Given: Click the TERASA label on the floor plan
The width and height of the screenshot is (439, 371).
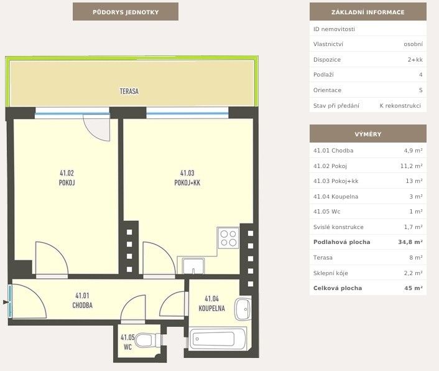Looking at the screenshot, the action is [x=129, y=92].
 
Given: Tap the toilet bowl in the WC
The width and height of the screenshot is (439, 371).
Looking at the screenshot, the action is [x=146, y=340].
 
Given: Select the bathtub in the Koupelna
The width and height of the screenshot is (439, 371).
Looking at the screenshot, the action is [x=218, y=339].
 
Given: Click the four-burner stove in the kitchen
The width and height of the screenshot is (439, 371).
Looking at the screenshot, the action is [x=228, y=238].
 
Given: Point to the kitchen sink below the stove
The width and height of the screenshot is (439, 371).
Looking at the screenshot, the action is [x=193, y=266].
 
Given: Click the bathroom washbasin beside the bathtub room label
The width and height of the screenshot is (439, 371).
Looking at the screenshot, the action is [x=243, y=309].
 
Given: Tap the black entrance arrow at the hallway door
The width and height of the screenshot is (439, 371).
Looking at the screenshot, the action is [x=6, y=302].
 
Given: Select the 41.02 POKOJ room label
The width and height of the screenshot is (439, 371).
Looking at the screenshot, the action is [x=67, y=178].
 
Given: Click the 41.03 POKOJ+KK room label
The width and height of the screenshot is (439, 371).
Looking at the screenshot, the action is [x=187, y=178].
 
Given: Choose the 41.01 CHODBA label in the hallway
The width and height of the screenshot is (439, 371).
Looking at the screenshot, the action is [x=82, y=301].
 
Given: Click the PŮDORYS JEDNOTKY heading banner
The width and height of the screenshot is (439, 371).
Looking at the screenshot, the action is [x=126, y=12].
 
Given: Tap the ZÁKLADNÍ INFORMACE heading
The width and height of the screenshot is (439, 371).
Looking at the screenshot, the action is [x=368, y=12].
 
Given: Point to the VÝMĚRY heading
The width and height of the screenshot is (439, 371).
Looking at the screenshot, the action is [x=368, y=134].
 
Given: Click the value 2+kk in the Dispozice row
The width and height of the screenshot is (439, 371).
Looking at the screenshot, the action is [x=415, y=59].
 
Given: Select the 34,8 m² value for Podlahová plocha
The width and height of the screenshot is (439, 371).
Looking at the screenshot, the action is [x=410, y=242].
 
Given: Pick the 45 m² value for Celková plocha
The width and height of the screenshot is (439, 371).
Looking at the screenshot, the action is [x=414, y=288].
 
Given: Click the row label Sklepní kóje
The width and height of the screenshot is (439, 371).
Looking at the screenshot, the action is [x=331, y=273].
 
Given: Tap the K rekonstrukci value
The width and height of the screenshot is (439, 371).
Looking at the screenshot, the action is [x=400, y=106].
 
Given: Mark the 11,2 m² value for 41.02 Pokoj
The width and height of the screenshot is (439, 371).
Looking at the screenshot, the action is [x=411, y=166].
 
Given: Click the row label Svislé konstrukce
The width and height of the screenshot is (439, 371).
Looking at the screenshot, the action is [x=338, y=227].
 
